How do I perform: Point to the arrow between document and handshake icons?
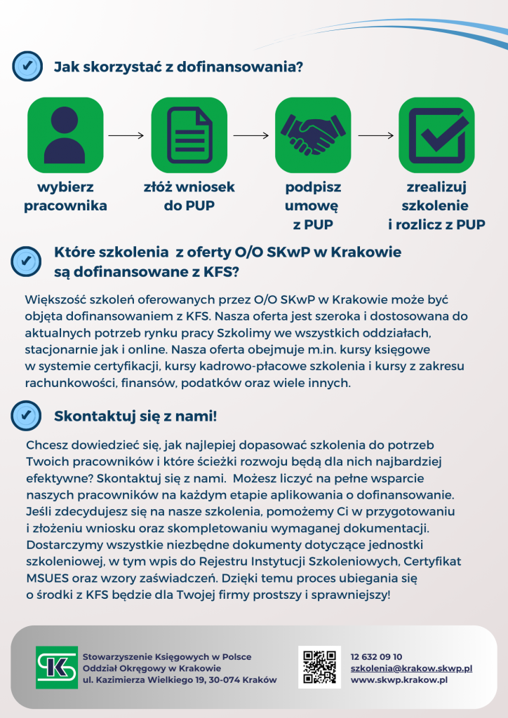pyautogui.click(x=251, y=135)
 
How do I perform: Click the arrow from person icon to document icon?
pyautogui.click(x=127, y=135)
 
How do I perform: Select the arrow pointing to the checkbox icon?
pyautogui.click(x=375, y=135)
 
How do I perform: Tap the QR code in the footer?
pyautogui.click(x=319, y=667)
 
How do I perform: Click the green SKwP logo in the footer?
pyautogui.click(x=57, y=667)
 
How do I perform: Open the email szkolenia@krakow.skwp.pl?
pyautogui.click(x=411, y=668)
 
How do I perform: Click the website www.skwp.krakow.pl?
pyautogui.click(x=399, y=679)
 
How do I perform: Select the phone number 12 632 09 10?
pyautogui.click(x=376, y=656)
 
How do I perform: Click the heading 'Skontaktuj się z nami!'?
pyautogui.click(x=135, y=416)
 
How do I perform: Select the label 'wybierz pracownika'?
pyautogui.click(x=65, y=197)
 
